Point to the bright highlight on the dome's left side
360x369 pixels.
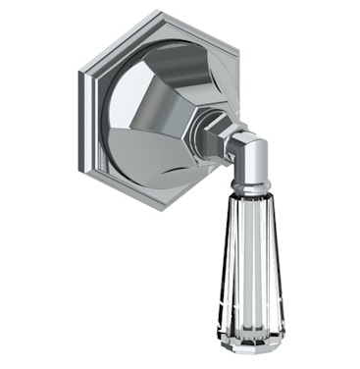(116, 108)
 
